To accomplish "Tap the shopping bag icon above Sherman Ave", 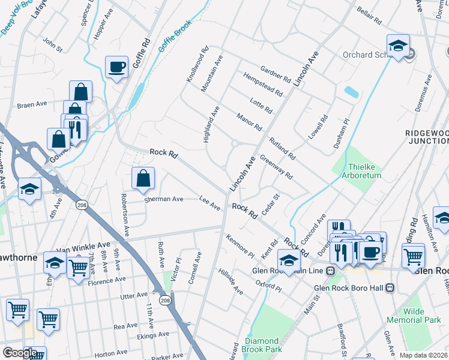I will (143, 178).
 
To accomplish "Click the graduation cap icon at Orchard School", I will (398, 46).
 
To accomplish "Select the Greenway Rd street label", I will (276, 167).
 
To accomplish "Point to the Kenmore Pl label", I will (240, 247).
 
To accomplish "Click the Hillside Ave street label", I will (231, 281).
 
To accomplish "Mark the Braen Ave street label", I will (32, 104).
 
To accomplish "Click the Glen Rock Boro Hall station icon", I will (390, 287).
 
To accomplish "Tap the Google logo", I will (19, 353).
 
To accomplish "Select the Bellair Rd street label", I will (369, 16).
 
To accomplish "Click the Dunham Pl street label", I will (342, 133).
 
